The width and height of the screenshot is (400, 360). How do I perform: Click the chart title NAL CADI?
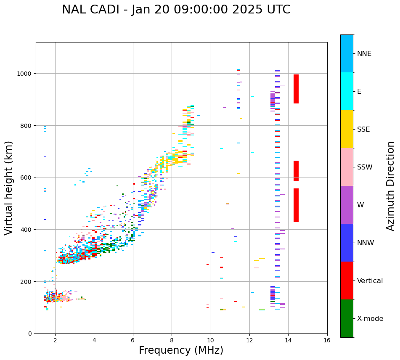(x=176, y=10)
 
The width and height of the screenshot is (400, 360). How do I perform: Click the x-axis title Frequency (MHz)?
(x=181, y=350)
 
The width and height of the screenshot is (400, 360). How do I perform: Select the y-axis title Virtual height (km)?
(x=9, y=188)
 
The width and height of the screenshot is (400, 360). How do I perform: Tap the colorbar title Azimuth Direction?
(x=391, y=186)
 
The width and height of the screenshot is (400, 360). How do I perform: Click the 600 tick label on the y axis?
(x=27, y=177)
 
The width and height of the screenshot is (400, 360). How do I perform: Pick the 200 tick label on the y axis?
(x=27, y=281)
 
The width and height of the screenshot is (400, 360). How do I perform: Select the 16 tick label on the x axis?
(x=327, y=341)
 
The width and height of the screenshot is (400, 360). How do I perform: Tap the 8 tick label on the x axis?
(x=172, y=341)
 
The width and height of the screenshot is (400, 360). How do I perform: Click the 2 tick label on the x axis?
(x=55, y=341)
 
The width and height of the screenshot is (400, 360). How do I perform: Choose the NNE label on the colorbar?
(x=364, y=54)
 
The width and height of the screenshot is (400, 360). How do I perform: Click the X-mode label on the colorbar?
(x=370, y=319)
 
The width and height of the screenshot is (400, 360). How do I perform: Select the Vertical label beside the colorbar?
(x=370, y=281)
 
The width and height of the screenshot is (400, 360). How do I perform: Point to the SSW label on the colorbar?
(x=365, y=167)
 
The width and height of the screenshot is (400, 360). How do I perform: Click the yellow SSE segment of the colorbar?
(x=347, y=129)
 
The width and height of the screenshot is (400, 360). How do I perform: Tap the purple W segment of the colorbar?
(x=347, y=205)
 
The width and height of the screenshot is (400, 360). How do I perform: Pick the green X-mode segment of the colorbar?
(x=347, y=318)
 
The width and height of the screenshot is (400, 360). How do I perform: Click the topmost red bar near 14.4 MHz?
(x=296, y=89)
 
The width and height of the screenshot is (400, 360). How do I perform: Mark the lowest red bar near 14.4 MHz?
(x=296, y=205)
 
